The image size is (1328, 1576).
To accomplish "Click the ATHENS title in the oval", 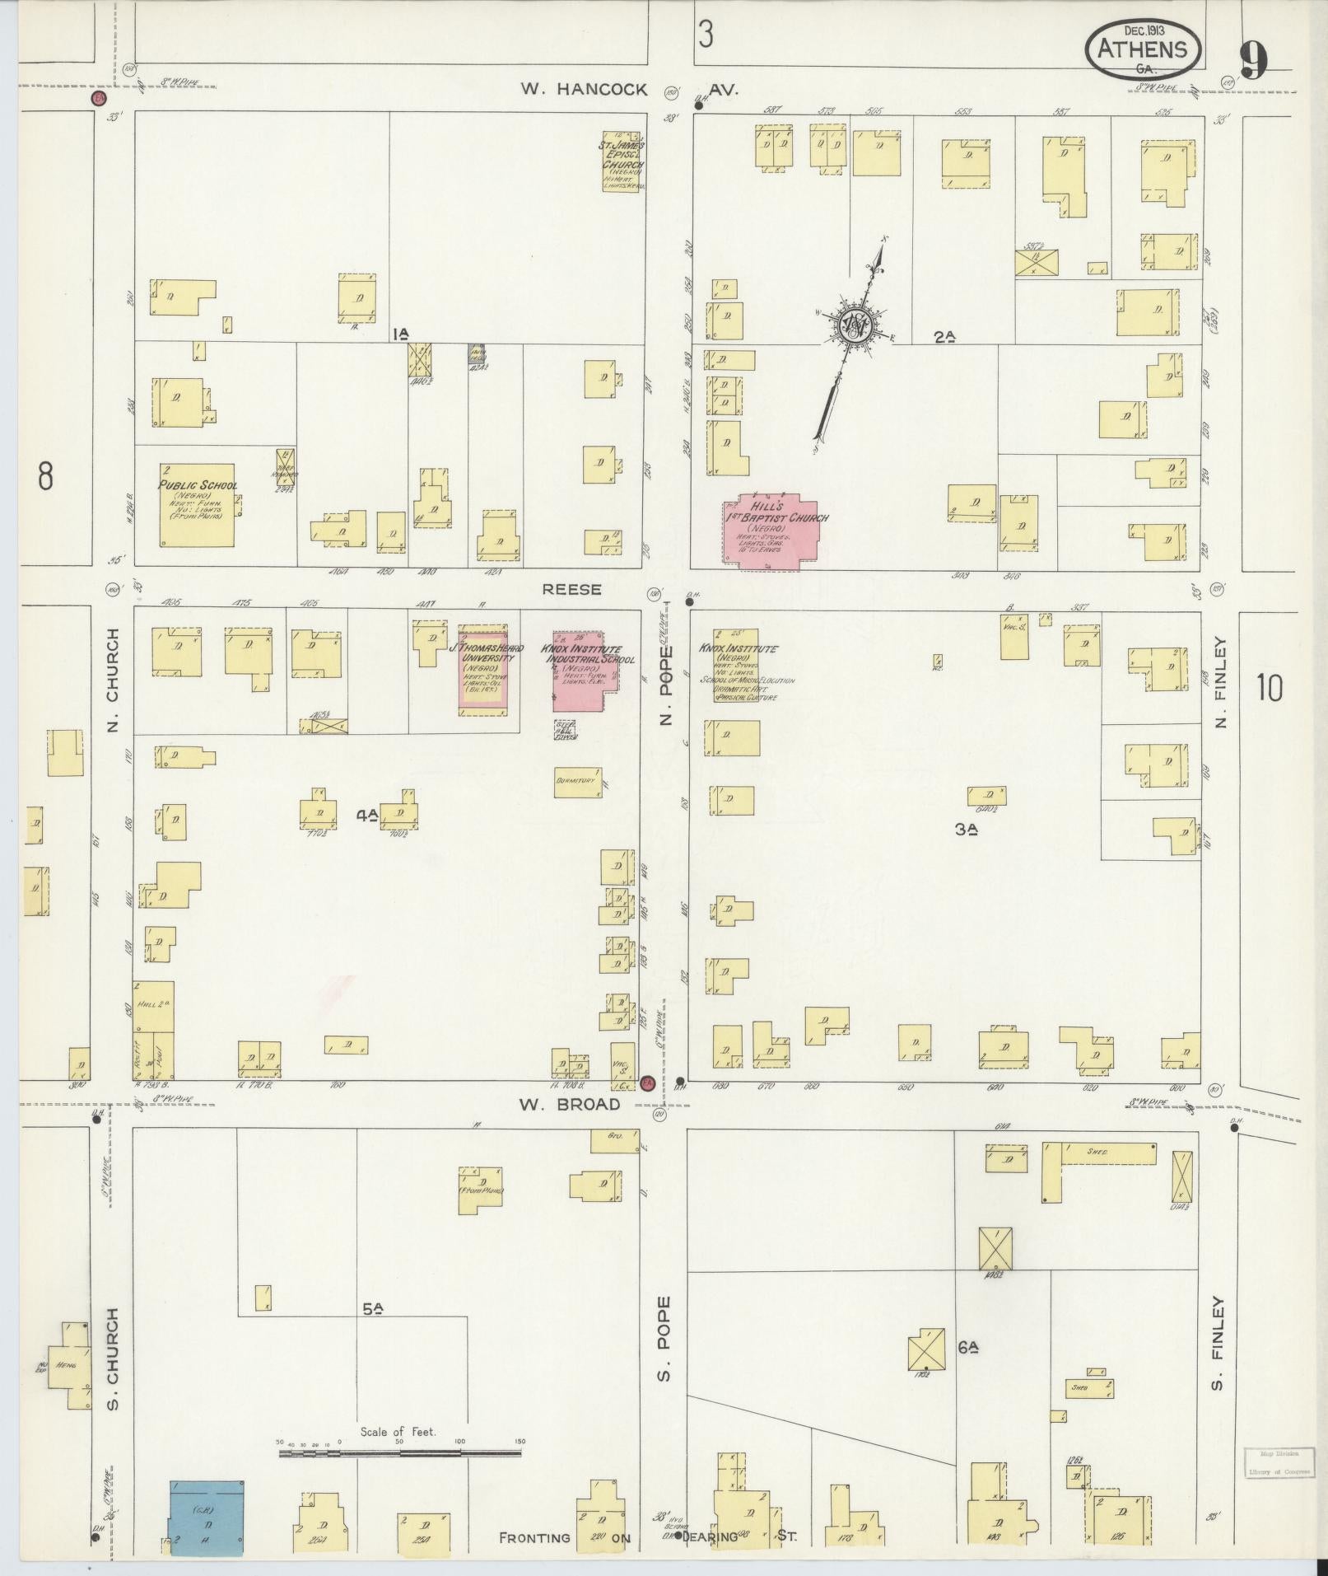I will [1144, 49].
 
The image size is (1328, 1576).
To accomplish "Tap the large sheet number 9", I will [1254, 60].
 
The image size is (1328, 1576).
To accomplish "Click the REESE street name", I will [571, 590].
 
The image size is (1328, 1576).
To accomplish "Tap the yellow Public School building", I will [197, 504].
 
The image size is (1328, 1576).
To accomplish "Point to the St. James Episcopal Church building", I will [623, 161].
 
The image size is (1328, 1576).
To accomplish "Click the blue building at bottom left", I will [207, 1518].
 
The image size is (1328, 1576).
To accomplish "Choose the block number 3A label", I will [966, 830].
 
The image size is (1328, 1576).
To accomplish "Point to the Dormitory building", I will [577, 782].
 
